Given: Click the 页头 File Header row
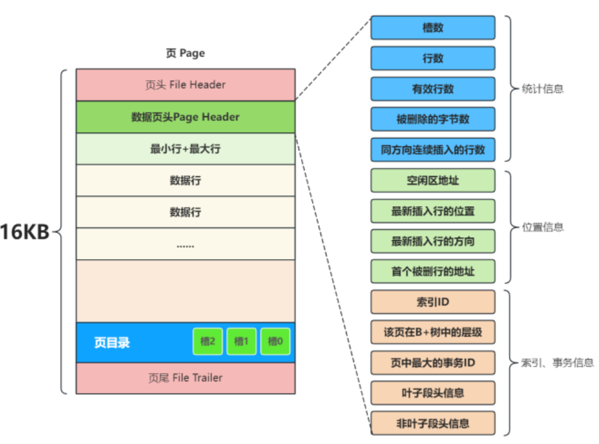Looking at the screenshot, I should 185,85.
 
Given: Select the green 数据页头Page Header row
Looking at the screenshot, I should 185,117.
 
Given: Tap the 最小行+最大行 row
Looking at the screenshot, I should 185,148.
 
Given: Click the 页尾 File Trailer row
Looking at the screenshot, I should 185,378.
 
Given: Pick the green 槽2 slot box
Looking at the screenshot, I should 208,342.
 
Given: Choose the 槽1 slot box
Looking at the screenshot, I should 241,342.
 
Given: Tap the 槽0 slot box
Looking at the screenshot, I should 275,342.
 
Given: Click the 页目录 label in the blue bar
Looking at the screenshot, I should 112,342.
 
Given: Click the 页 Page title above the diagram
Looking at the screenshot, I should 185,54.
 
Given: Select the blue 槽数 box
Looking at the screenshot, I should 432,28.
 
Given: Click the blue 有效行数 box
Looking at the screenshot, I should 432,89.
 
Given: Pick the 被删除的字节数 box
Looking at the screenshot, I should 432,119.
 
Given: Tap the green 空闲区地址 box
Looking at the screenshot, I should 432,181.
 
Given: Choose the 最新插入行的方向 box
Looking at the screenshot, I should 432,241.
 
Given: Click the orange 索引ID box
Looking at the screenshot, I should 432,302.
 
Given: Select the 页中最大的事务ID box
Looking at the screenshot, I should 432,363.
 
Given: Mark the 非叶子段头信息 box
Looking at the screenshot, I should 432,423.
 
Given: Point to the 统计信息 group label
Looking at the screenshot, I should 543,89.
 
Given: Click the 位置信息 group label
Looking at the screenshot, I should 543,227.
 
